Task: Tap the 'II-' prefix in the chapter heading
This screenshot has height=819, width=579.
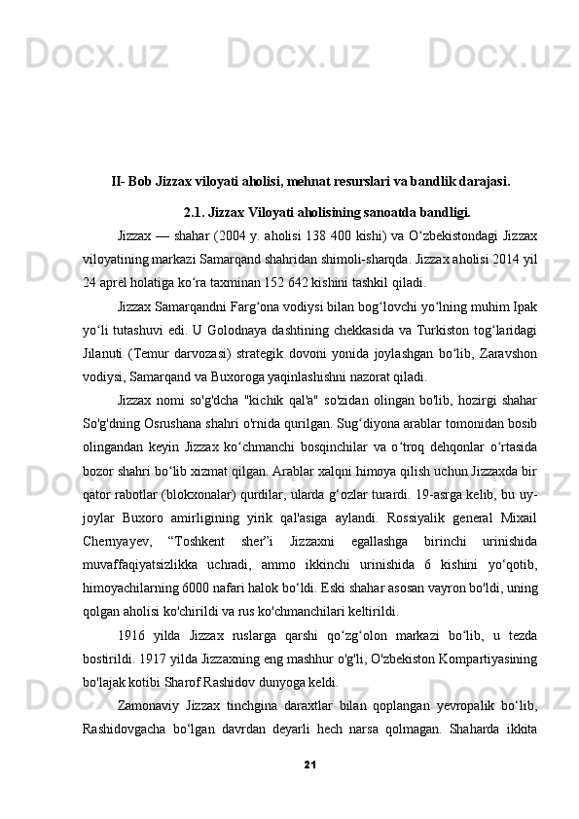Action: coord(118,180)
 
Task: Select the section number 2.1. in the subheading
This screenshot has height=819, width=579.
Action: coord(193,210)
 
